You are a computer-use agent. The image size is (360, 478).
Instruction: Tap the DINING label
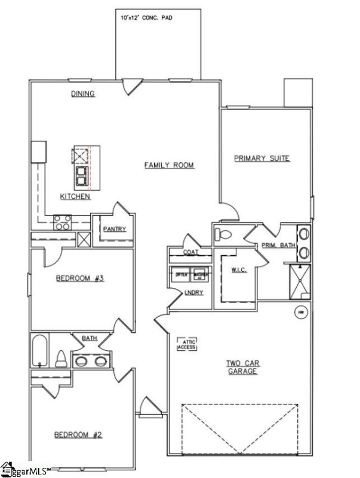84,94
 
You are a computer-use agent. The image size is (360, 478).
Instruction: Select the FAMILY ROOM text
170,165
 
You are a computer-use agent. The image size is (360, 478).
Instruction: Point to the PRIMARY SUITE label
261,158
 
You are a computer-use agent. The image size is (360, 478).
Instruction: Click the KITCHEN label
75,197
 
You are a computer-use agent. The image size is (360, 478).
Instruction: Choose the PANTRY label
113,229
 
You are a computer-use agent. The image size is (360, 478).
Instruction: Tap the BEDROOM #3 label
80,278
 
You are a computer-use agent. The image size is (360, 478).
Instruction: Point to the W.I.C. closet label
239,270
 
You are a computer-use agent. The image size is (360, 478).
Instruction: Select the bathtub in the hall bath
40,351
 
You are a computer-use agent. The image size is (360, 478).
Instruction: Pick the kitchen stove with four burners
62,222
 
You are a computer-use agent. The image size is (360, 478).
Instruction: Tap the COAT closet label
190,252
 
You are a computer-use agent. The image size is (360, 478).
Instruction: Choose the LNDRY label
195,292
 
